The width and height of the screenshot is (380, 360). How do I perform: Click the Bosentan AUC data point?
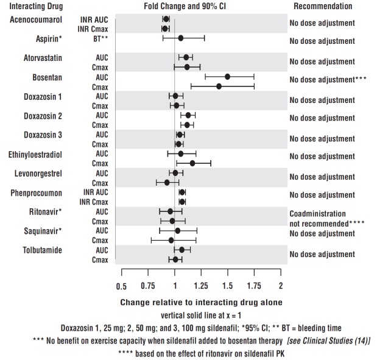click(x=228, y=77)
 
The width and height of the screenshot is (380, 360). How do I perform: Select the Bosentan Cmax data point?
click(x=219, y=86)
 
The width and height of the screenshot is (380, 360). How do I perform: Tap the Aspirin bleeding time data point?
click(x=181, y=38)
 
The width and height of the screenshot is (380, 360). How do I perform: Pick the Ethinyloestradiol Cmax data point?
click(x=192, y=163)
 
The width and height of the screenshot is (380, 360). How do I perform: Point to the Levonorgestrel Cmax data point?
click(x=167, y=182)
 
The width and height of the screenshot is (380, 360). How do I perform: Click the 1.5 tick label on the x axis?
click(x=227, y=286)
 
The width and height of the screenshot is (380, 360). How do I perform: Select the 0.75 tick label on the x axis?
click(x=147, y=286)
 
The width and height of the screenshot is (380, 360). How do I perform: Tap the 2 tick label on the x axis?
click(x=281, y=286)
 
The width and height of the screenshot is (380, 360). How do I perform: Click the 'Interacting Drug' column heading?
click(x=35, y=6)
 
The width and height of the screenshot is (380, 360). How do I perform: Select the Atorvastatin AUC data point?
click(x=186, y=57)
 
